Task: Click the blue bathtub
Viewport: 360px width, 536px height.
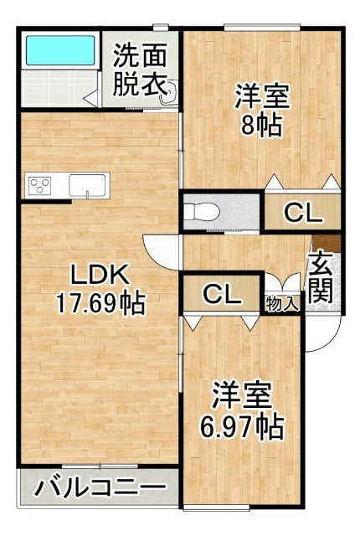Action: point(60,50)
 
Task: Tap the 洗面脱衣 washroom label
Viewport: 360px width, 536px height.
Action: point(140,70)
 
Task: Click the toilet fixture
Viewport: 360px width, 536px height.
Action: point(202,212)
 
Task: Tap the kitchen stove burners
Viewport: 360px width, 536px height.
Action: point(39,186)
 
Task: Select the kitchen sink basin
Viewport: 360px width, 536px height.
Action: point(87,186)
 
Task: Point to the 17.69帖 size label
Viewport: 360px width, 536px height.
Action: point(100,302)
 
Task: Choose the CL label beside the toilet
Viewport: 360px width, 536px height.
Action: point(303,214)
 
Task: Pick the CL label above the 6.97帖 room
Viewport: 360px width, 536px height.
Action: point(222,294)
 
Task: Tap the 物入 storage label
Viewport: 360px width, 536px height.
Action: point(282,303)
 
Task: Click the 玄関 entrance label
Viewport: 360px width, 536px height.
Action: point(321,277)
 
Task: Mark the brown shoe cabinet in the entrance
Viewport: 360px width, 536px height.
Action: point(328,244)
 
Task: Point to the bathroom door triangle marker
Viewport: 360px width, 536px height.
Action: point(91,99)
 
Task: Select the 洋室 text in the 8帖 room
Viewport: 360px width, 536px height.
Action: point(262,97)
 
